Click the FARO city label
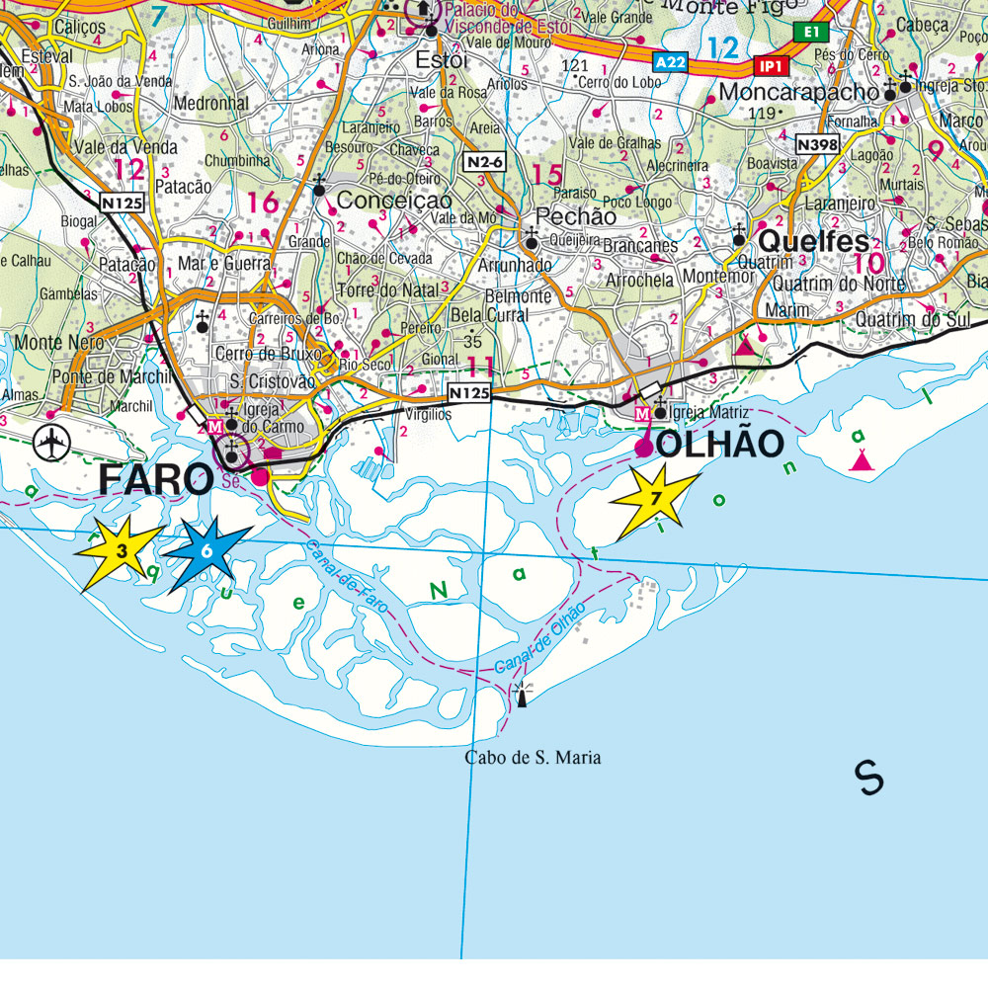tap(156, 480)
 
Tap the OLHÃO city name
tap(720, 445)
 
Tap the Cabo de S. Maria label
tap(533, 758)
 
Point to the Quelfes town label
tap(813, 242)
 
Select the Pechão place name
tap(575, 216)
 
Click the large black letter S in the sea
tap(869, 778)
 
